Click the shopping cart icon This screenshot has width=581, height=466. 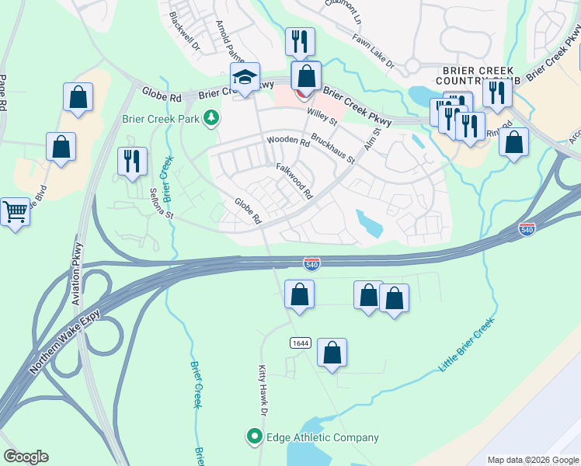(x=16, y=210)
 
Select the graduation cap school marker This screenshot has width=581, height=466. (x=244, y=78)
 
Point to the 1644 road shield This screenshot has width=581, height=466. (x=299, y=343)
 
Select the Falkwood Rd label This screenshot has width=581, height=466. (x=294, y=180)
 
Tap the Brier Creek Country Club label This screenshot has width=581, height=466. (x=477, y=75)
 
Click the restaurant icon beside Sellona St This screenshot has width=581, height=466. (x=131, y=160)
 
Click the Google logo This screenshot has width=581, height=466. (x=26, y=457)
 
